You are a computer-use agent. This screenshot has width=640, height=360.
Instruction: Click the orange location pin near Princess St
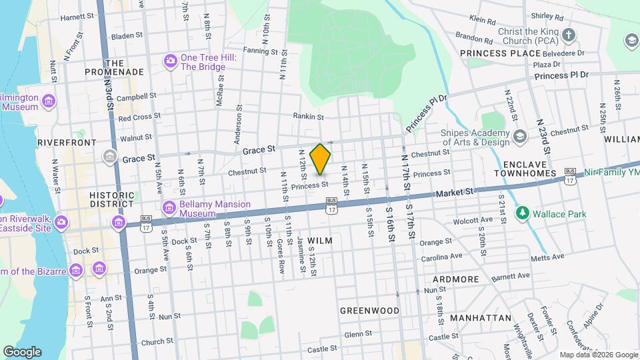pos(321,159)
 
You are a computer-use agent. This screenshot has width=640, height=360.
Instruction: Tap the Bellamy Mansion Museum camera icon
pos(169,209)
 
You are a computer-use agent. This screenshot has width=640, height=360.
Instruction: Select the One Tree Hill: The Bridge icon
pos(170,62)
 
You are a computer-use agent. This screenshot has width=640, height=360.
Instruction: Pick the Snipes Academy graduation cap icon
pos(520,137)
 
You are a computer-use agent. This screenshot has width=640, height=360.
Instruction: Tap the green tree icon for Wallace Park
pos(523,214)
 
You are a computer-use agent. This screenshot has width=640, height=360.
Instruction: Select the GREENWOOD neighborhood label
pos(369,311)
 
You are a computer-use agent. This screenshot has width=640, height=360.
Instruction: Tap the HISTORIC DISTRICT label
pos(112,201)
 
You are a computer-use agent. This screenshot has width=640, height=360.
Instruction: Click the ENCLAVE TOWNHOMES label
pos(529,169)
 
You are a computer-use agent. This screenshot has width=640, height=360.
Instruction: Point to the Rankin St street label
pos(308,116)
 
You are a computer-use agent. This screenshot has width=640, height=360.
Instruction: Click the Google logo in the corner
pos(22,351)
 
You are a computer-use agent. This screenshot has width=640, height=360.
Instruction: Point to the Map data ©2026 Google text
pos(598,355)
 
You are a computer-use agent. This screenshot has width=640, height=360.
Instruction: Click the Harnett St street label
pos(75,18)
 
